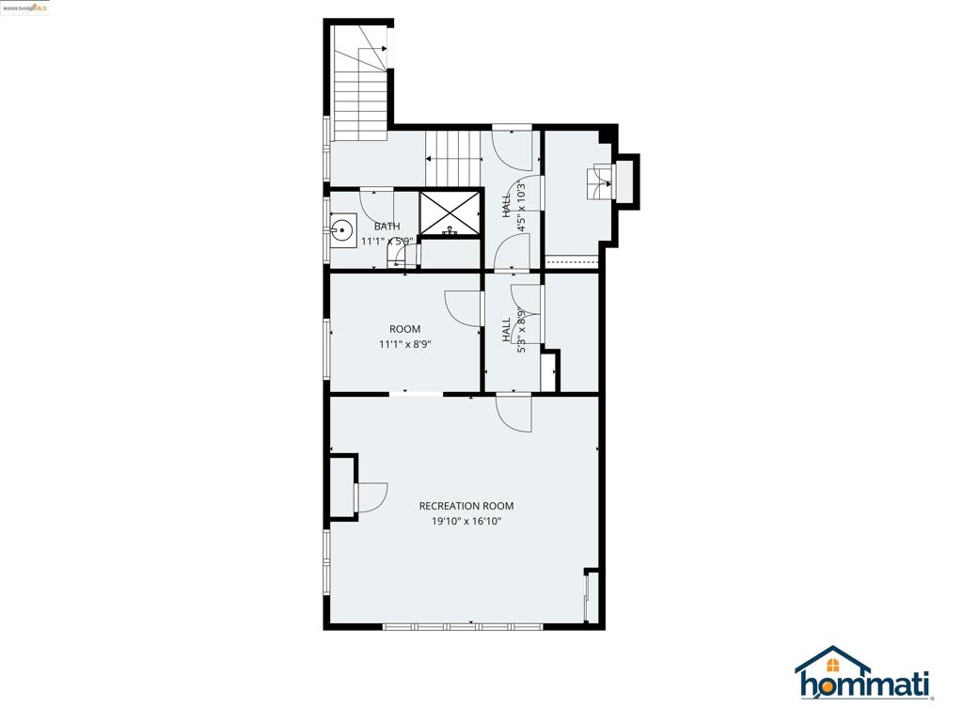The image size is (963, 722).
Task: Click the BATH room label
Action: (387, 227)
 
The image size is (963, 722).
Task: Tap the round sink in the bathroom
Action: (343, 228)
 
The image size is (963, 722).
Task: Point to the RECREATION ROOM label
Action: (466, 506)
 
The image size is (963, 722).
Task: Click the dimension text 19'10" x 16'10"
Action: (466, 521)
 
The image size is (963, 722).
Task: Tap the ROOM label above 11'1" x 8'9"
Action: (405, 329)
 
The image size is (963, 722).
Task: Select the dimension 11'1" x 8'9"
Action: (405, 344)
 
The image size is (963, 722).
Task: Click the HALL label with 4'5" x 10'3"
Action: (507, 205)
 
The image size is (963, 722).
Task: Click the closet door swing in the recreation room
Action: (371, 497)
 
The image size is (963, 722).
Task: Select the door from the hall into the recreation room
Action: (514, 413)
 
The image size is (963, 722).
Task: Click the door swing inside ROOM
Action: (463, 307)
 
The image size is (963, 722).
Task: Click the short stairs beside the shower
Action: (453, 157)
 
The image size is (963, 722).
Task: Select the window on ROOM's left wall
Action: (327, 350)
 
